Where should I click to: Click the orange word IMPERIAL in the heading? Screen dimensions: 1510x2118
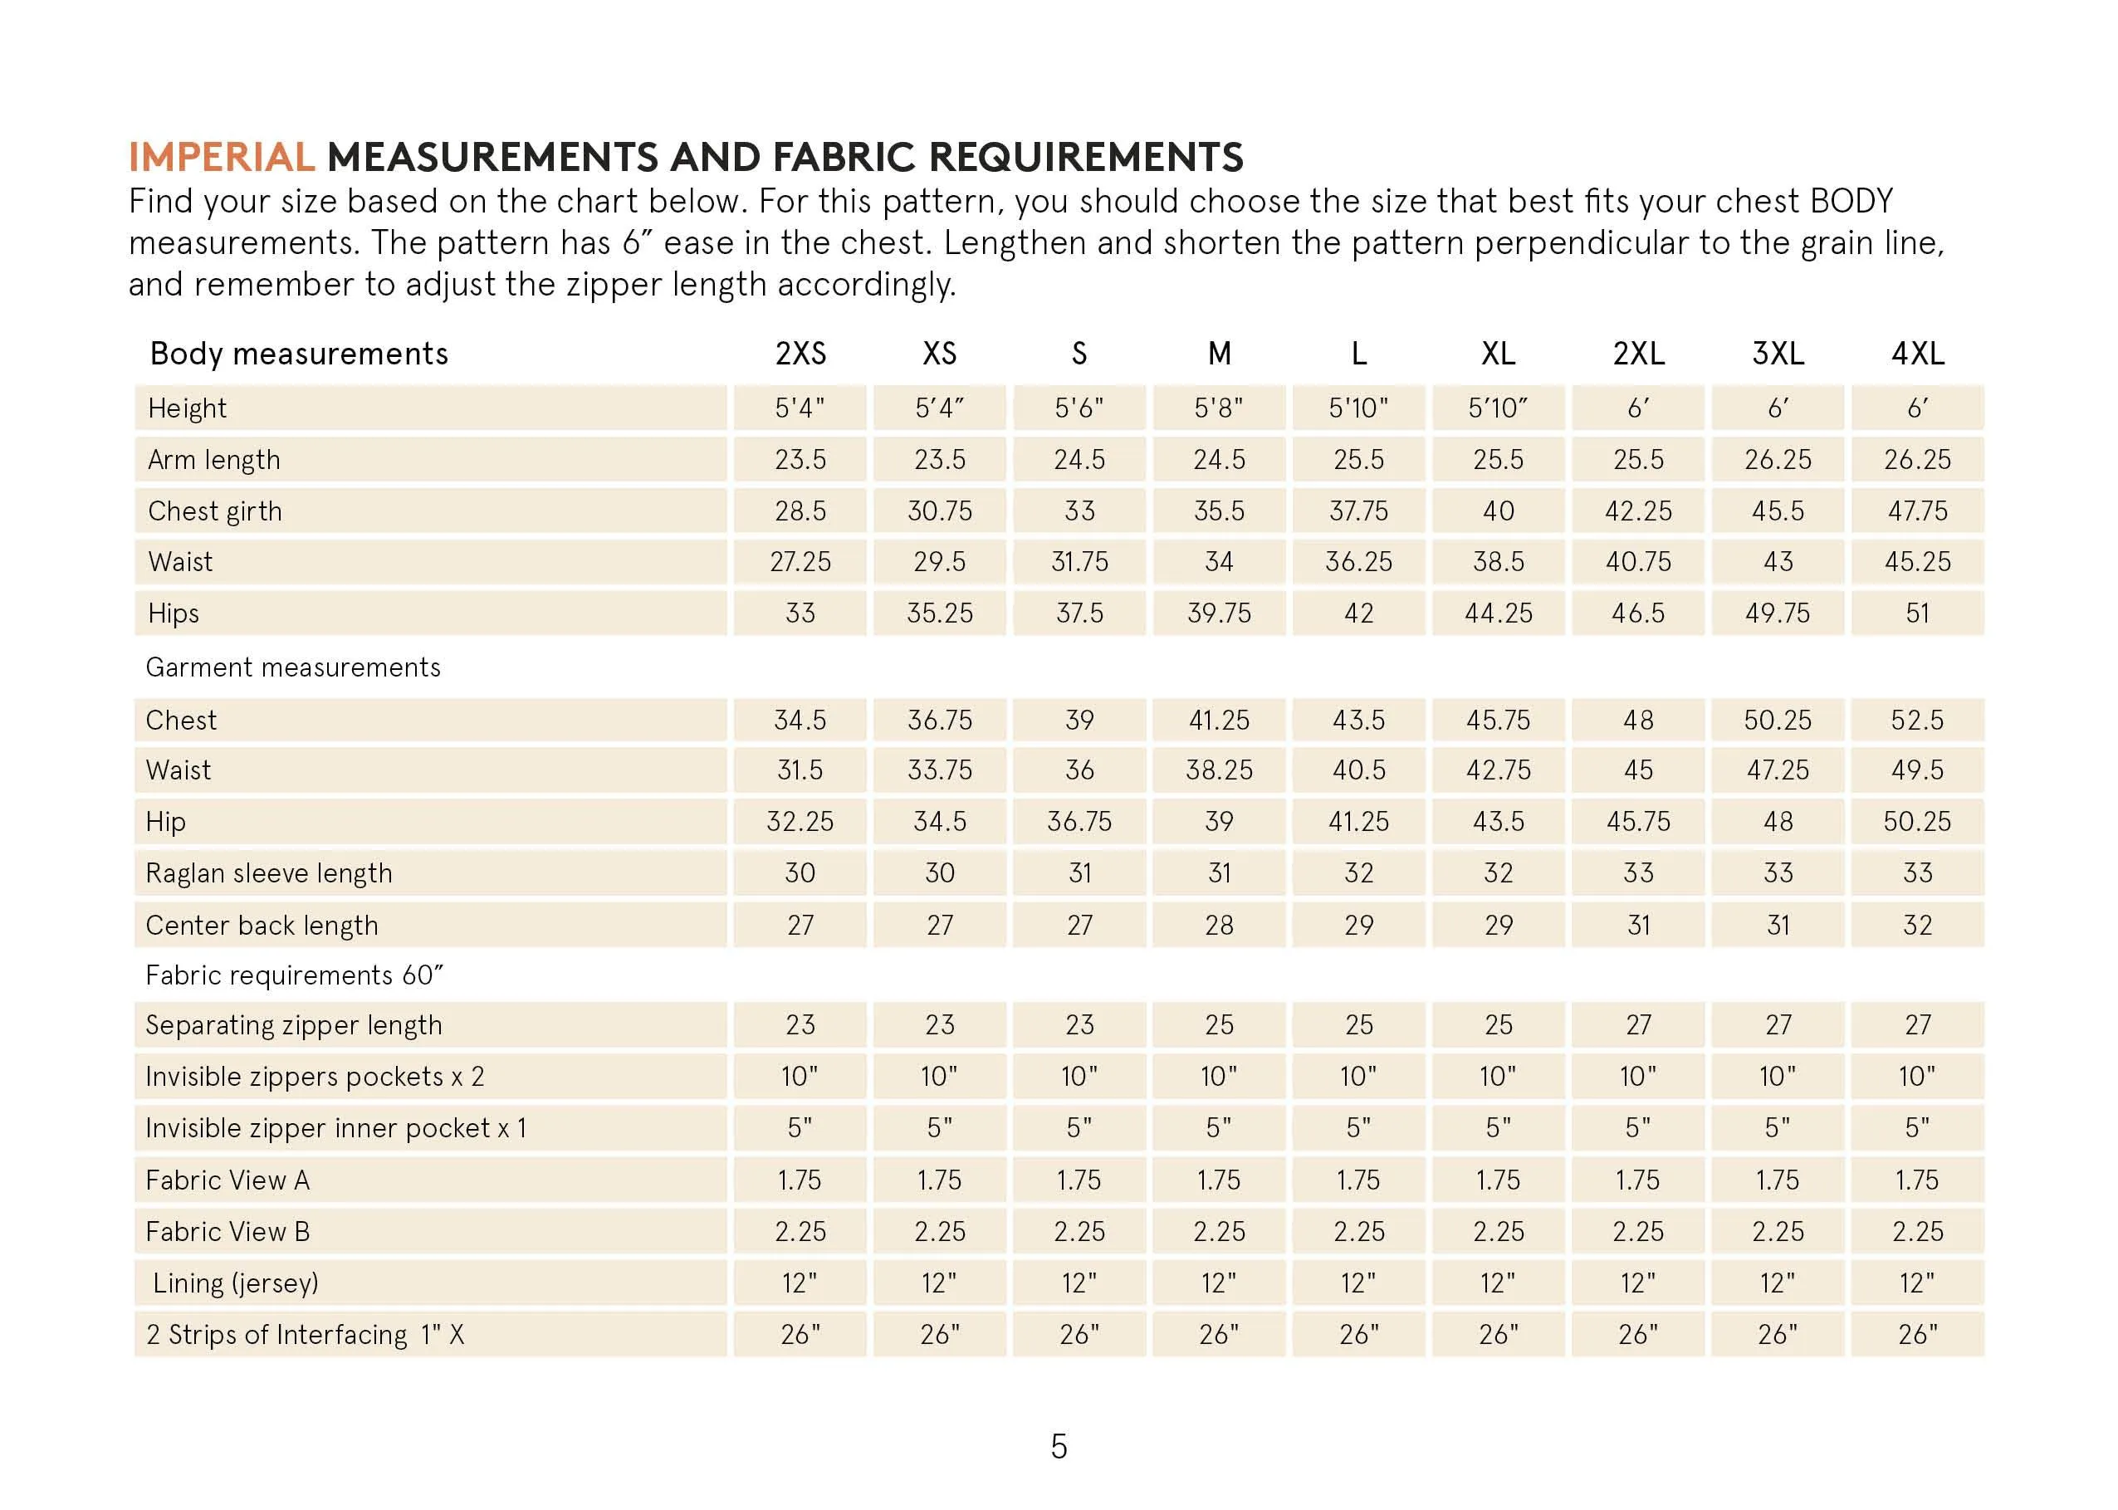(222, 157)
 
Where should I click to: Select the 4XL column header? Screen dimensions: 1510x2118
(1917, 354)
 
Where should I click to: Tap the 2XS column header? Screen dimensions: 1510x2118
(800, 354)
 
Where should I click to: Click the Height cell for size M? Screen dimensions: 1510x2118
(1218, 408)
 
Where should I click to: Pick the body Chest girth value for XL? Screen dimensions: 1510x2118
(1498, 511)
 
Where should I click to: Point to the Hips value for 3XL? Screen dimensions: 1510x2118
(1777, 613)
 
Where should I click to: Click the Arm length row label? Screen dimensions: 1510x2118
(214, 459)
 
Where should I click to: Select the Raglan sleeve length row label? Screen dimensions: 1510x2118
(269, 873)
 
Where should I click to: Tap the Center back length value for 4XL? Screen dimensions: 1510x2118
(1917, 925)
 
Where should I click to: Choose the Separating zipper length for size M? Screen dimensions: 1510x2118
(1218, 1024)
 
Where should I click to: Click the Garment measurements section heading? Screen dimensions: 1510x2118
(293, 667)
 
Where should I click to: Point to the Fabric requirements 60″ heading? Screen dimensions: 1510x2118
(294, 975)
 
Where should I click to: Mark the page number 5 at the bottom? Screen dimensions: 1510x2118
(1059, 1447)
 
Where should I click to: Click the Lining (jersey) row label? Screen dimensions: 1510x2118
(235, 1283)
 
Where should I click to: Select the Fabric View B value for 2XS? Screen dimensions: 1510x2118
(800, 1231)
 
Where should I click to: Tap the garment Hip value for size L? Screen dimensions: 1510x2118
(1358, 822)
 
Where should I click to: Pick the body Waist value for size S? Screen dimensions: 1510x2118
(1079, 562)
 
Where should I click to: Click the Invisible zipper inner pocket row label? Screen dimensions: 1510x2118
(335, 1128)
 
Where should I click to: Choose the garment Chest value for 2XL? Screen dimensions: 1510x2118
(1638, 720)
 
